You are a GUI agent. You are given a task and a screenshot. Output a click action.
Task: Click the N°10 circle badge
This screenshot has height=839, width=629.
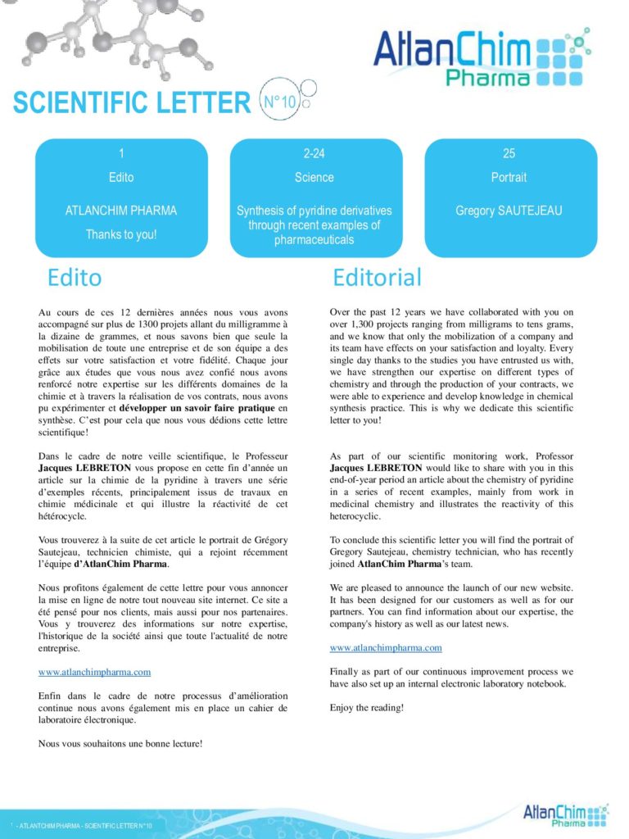coord(278,102)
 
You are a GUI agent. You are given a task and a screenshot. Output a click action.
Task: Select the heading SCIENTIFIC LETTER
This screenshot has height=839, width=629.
coord(131,104)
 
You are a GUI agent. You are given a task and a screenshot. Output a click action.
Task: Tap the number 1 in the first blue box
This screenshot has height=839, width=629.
coord(121,153)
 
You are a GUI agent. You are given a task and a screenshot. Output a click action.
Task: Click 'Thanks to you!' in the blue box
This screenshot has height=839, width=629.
coord(121,234)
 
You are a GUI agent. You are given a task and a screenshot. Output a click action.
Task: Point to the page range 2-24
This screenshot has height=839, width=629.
coord(314,153)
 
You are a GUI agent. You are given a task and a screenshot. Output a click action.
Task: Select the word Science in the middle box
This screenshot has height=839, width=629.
coord(314,177)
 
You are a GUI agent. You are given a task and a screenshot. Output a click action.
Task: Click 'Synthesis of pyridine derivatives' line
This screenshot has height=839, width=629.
coord(314,211)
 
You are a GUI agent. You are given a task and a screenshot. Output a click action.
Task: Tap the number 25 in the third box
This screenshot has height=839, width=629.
coord(509,153)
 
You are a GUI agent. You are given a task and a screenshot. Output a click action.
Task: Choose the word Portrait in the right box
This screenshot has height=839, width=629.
coord(509,177)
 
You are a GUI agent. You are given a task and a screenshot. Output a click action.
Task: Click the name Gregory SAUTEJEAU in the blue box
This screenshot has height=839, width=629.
coord(509,211)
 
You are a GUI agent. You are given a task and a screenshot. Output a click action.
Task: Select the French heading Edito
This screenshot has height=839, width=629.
coord(75,278)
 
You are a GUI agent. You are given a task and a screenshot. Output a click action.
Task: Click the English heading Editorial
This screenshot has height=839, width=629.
coord(377,278)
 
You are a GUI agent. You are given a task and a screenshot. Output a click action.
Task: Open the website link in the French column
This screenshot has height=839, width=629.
coord(94,672)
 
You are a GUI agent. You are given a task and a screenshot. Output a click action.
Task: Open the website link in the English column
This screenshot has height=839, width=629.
coord(386,647)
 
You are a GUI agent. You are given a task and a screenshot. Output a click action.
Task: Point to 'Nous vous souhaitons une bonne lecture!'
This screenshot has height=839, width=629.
coord(120,743)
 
